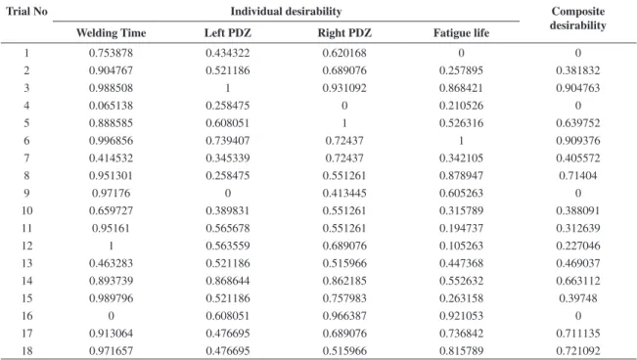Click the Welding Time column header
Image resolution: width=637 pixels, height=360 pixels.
point(111,32)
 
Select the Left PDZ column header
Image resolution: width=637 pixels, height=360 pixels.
point(227,32)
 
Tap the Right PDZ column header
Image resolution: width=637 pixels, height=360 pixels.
point(344,32)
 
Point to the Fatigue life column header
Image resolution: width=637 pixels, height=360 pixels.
point(461,32)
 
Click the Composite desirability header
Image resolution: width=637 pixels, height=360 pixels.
point(577,19)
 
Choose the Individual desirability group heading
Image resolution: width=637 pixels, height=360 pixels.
point(286,11)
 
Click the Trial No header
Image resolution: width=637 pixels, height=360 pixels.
point(26,11)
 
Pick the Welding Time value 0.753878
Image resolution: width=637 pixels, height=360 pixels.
point(111,53)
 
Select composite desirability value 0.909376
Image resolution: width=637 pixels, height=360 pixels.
point(577,141)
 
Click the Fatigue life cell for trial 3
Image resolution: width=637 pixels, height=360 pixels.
point(461,88)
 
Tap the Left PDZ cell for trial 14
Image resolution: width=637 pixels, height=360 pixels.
point(227,281)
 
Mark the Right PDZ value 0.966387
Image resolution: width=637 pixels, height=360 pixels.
point(344,316)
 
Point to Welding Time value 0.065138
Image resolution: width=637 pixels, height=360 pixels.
point(111,106)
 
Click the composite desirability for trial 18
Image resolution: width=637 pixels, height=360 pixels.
point(577,350)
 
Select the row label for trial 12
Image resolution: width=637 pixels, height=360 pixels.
point(26,246)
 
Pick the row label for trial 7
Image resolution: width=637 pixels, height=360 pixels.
point(26,158)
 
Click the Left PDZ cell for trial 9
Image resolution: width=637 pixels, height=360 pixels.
point(227,193)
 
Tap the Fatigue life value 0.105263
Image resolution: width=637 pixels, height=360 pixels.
point(461,246)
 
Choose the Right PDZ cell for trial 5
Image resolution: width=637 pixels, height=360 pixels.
point(344,123)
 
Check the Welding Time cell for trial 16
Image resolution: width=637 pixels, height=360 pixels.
point(111,316)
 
